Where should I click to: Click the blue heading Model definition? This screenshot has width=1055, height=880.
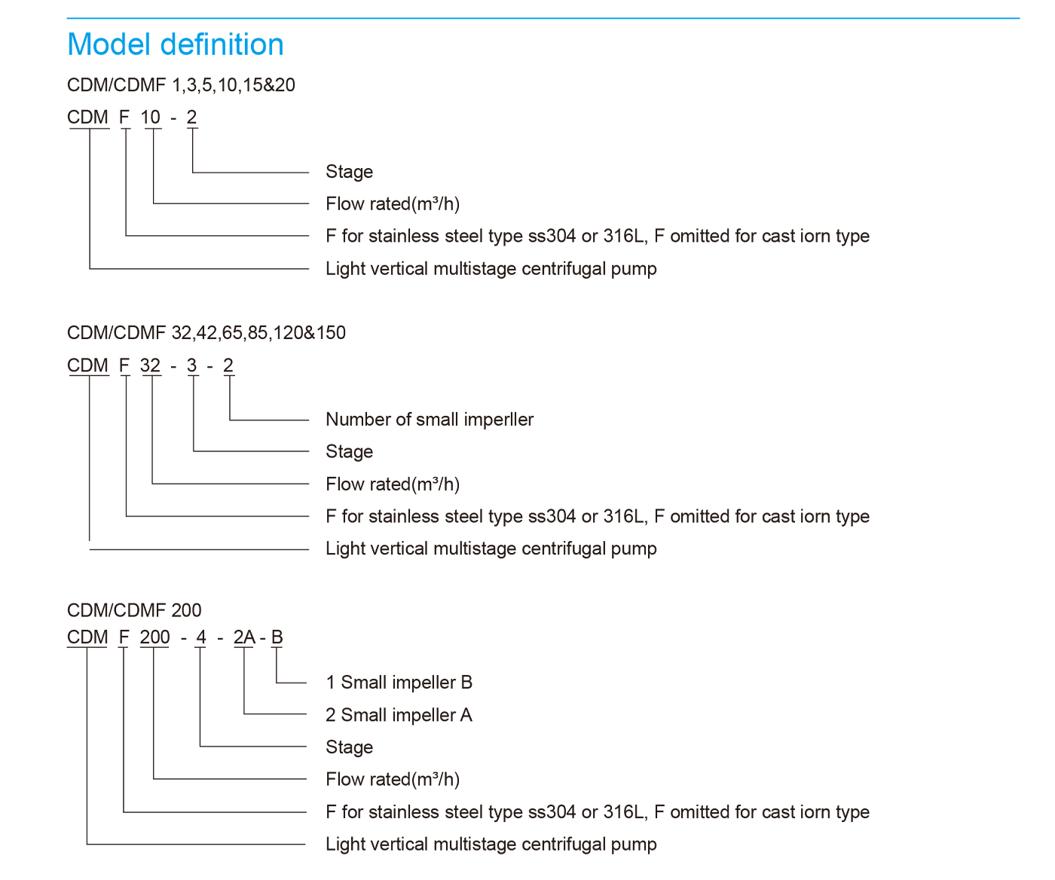(176, 44)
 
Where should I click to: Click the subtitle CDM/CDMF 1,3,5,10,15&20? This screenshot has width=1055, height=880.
(181, 85)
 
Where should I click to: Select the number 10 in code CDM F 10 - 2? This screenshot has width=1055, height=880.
(150, 118)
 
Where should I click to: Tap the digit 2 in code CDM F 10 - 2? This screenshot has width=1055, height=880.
(191, 118)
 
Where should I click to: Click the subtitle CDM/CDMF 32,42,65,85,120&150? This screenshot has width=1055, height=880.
(206, 333)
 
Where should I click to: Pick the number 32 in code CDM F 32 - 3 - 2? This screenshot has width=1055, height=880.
(150, 365)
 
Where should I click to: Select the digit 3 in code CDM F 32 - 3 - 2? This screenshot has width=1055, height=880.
(191, 365)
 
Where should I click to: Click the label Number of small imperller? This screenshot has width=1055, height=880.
(430, 420)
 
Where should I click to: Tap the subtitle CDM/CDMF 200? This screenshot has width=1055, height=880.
(134, 610)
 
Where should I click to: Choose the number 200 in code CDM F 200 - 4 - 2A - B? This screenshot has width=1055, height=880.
(154, 637)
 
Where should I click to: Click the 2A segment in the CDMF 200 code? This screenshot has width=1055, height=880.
(244, 637)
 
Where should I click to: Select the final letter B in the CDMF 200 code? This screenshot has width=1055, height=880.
(277, 637)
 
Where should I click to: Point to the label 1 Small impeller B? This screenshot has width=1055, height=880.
(399, 683)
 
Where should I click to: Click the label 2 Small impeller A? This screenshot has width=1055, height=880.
(399, 715)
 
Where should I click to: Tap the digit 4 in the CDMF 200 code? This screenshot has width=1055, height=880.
(201, 637)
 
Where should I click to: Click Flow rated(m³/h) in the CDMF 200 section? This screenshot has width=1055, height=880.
(393, 780)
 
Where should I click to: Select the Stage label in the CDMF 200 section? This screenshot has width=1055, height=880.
(349, 747)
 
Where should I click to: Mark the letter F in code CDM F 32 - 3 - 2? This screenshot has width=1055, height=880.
(124, 365)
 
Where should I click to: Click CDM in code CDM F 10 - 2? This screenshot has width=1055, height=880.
(87, 118)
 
